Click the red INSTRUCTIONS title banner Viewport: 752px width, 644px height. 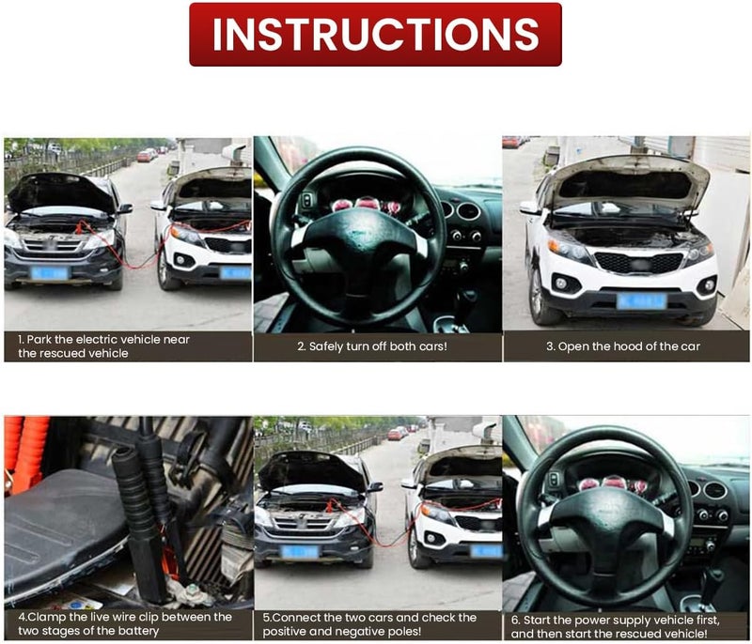click(x=375, y=35)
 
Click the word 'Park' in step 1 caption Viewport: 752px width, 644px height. click(x=39, y=340)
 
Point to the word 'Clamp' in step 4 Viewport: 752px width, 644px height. click(x=47, y=617)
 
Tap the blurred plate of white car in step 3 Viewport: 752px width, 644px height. click(x=642, y=301)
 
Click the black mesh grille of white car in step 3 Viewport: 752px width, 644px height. click(x=638, y=263)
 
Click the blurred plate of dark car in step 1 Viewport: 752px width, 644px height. click(x=50, y=273)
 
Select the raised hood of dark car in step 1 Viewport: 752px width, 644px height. click(x=60, y=192)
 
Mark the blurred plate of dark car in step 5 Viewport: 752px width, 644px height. click(x=300, y=552)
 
